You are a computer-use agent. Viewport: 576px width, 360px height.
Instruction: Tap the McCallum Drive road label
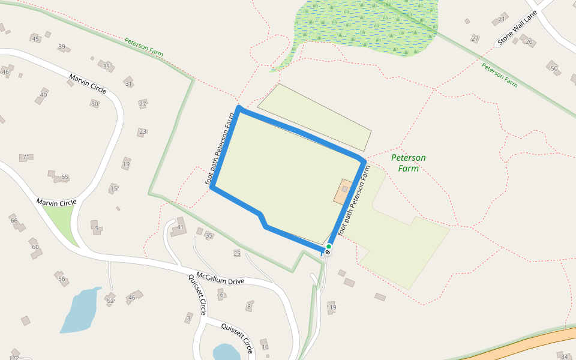pos(220,278)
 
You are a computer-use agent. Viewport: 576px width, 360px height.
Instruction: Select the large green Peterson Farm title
pos(408,163)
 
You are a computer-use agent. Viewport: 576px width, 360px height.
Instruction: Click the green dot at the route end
pos(329,246)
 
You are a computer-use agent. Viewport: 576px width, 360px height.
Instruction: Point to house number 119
pos(331,308)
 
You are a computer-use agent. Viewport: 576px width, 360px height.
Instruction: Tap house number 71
pos(26,157)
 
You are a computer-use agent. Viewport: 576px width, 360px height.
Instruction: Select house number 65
pos(65,177)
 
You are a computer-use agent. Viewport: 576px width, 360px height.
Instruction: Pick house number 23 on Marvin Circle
pos(142,131)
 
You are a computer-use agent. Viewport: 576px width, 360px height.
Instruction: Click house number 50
pos(554,68)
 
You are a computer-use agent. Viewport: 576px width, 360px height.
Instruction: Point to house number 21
pos(502,19)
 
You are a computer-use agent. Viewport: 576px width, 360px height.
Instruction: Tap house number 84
pos(564,356)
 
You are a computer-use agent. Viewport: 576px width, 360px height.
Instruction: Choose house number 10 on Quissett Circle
pos(265,347)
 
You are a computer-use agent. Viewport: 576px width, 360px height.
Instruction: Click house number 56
pos(61,278)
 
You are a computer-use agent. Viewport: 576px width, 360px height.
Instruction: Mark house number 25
pos(237,253)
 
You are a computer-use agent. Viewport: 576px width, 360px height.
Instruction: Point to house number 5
pos(96,228)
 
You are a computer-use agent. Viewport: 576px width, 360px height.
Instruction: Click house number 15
pos(113,188)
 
